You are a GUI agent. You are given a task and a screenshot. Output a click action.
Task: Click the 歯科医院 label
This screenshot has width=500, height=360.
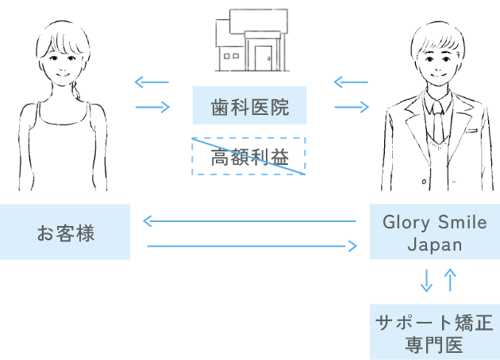pyautogui.click(x=250, y=108)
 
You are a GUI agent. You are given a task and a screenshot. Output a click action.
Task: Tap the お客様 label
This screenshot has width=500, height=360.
pyautogui.click(x=66, y=234)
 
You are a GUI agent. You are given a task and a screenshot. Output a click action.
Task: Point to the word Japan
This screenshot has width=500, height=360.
pyautogui.click(x=434, y=245)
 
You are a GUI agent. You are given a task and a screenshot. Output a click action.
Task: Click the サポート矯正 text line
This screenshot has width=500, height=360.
pyautogui.click(x=434, y=323)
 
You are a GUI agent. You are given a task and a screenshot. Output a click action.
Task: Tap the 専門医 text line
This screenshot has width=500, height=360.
pyautogui.click(x=434, y=345)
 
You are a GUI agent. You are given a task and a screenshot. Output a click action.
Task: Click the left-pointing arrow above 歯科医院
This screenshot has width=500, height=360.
pyautogui.click(x=278, y=82)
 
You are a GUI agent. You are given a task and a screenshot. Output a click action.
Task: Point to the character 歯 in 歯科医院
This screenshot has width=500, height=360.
pyautogui.click(x=221, y=108)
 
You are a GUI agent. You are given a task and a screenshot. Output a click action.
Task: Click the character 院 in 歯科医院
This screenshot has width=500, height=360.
pyautogui.click(x=279, y=108)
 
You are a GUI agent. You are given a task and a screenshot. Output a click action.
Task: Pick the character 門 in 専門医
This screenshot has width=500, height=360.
pyautogui.click(x=434, y=345)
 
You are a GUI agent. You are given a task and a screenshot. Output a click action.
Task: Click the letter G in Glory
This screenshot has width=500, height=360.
pyautogui.click(x=389, y=223)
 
